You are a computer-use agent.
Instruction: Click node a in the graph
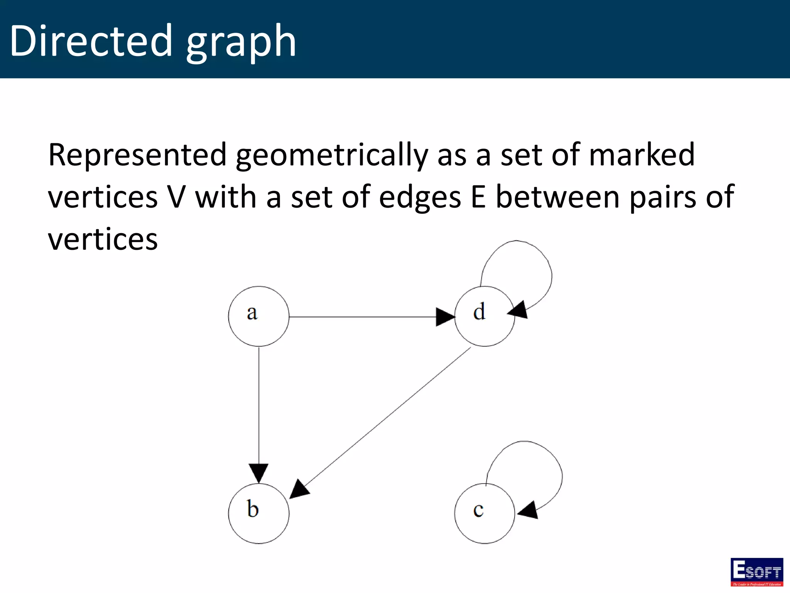point(258,316)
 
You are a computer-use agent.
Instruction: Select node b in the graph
point(258,513)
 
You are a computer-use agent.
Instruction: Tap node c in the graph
point(484,513)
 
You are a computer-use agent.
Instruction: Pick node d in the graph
point(484,316)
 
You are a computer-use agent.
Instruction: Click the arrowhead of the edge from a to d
point(445,317)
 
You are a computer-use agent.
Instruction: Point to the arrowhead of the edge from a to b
point(258,473)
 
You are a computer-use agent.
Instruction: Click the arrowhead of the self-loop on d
point(518,310)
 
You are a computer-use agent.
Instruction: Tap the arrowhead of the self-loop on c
point(528,510)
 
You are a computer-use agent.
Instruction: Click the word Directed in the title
point(91,41)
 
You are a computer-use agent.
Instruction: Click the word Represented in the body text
point(137,155)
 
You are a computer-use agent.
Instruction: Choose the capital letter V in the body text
point(177,197)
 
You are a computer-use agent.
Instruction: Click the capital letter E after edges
point(478,197)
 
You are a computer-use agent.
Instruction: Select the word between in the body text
point(557,197)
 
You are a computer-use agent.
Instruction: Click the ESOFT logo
point(756,572)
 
